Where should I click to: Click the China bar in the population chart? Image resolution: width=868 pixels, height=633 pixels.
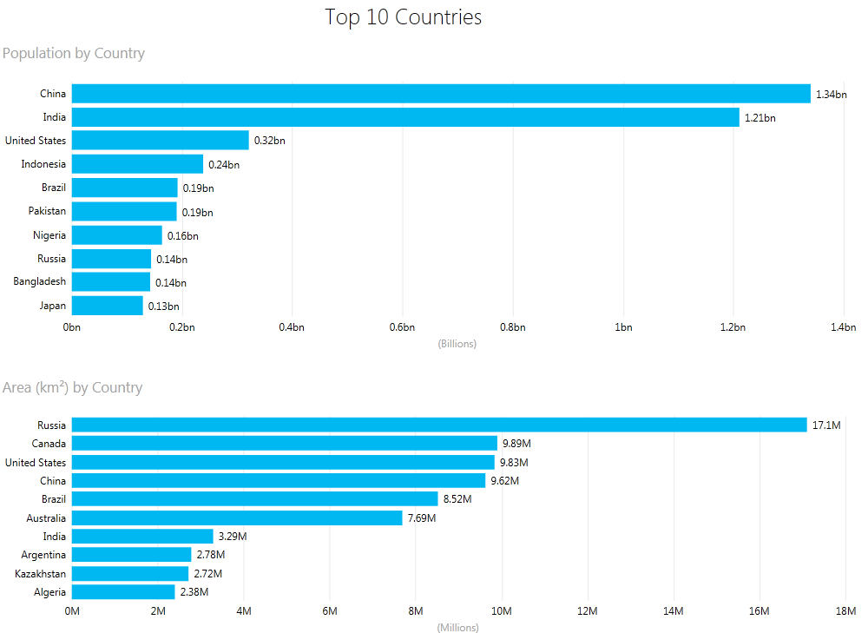click(441, 94)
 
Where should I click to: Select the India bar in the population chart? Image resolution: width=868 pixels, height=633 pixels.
click(405, 117)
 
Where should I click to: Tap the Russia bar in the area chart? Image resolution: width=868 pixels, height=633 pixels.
click(439, 425)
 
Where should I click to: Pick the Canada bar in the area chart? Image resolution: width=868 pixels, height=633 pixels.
click(285, 444)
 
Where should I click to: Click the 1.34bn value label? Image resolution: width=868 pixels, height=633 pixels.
click(831, 95)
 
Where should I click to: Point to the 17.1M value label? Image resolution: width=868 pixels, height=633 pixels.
click(826, 425)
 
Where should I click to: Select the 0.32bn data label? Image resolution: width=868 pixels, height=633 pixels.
click(269, 141)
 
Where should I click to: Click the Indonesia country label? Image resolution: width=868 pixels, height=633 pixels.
click(43, 164)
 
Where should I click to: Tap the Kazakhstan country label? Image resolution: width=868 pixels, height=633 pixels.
click(40, 573)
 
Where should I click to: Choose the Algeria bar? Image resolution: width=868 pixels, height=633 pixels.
click(123, 592)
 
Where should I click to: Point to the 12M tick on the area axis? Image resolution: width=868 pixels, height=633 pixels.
click(588, 611)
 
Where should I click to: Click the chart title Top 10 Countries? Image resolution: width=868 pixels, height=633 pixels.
click(403, 17)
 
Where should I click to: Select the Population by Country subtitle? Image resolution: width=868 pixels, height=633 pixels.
click(74, 54)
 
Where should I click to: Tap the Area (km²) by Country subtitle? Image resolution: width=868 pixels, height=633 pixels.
click(73, 387)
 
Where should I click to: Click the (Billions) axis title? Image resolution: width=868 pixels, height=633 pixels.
click(457, 344)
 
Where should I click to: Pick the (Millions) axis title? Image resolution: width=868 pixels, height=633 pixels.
click(457, 628)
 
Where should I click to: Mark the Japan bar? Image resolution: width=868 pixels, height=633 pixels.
click(107, 306)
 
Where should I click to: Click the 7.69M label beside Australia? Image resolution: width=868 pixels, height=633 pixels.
click(422, 518)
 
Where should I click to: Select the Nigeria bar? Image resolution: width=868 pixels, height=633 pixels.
click(116, 235)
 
